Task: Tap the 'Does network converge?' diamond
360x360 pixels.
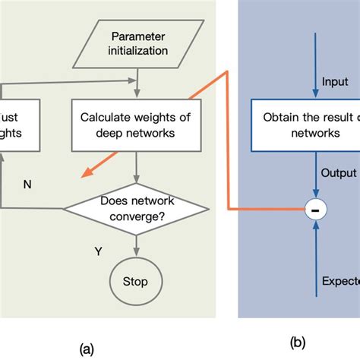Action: pyautogui.click(x=137, y=209)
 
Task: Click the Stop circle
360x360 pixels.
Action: pyautogui.click(x=137, y=281)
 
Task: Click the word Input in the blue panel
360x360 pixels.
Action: pyautogui.click(x=336, y=81)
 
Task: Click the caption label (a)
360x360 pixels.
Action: pyautogui.click(x=87, y=349)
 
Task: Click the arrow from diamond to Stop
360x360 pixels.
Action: pyautogui.click(x=137, y=245)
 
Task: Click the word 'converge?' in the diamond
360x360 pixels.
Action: pyautogui.click(x=137, y=216)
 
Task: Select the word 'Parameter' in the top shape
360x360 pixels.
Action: pyautogui.click(x=137, y=36)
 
